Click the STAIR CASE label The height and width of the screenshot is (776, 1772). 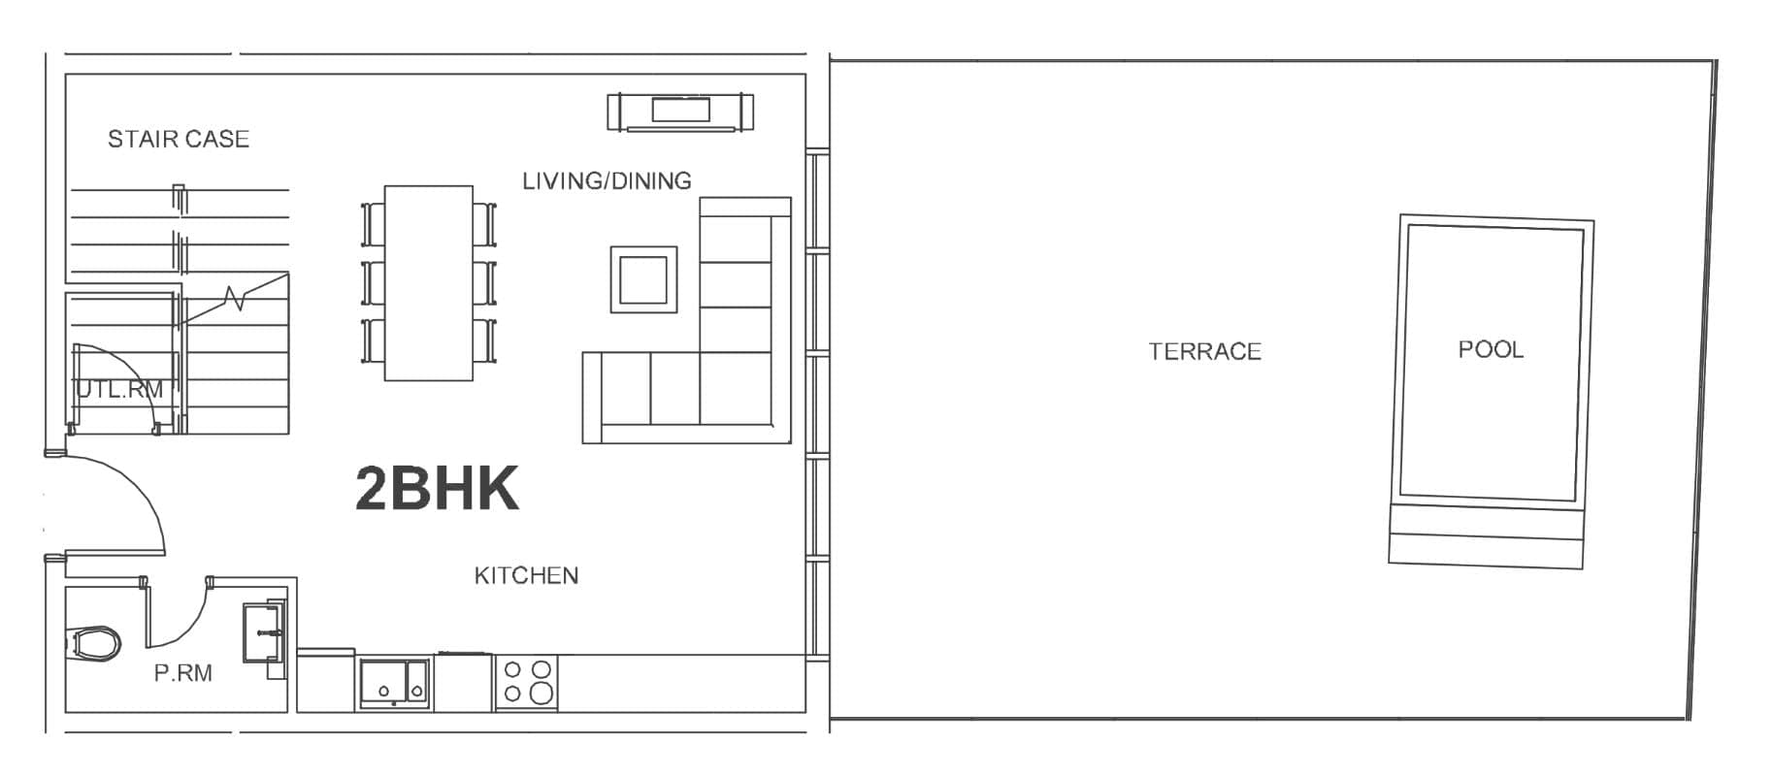point(179,140)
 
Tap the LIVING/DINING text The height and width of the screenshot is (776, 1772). point(607,181)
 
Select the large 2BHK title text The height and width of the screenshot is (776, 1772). point(437,489)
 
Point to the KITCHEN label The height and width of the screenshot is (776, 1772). point(526,576)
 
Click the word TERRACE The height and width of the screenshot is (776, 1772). point(1204,351)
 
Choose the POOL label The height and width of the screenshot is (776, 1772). point(1491,349)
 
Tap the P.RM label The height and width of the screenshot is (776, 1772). point(182,673)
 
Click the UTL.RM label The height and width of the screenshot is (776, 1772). point(119,390)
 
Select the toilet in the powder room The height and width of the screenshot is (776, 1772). point(94,642)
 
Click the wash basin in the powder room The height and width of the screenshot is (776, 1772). point(263,630)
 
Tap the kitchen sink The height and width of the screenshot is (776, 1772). point(394,683)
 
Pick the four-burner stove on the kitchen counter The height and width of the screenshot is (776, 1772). point(527,681)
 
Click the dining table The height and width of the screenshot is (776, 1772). point(429,282)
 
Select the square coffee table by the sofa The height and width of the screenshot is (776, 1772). point(643,279)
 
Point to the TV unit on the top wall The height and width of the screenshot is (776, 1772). point(680,112)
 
